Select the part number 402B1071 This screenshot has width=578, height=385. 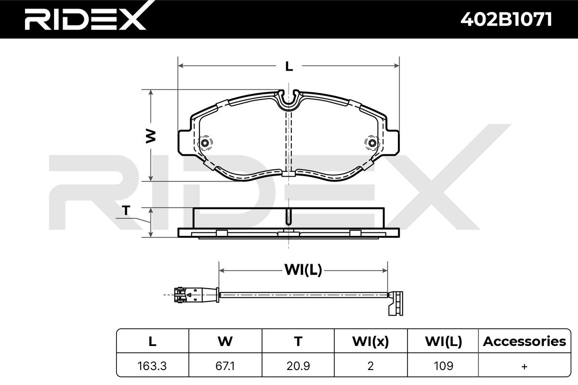point(506,19)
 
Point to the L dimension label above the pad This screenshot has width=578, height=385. point(289,67)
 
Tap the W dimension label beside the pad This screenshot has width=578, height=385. point(151,136)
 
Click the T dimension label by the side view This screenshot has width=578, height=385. point(126,211)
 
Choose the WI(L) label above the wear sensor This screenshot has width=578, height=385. point(303,270)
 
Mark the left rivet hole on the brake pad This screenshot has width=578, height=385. point(205,143)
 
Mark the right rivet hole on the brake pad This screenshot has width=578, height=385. point(372,143)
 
